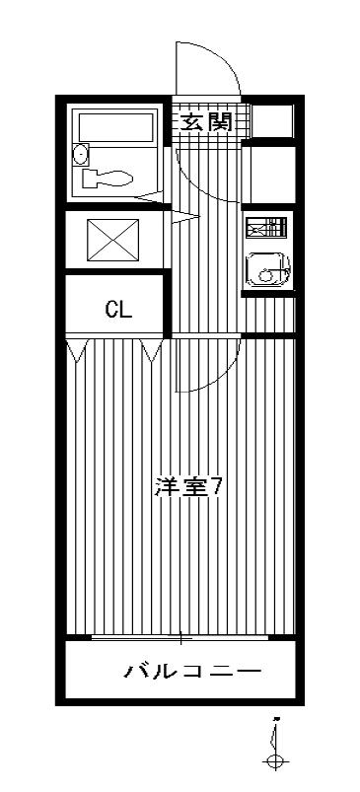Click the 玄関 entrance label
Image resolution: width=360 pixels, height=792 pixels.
click(x=207, y=122)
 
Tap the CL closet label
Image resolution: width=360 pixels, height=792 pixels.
click(x=118, y=310)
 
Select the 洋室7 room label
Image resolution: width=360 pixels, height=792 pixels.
click(x=188, y=488)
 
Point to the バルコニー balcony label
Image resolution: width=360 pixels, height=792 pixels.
click(x=193, y=672)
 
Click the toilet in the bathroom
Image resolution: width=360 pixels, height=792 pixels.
click(x=108, y=178)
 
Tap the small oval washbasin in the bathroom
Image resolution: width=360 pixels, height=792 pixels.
click(x=80, y=154)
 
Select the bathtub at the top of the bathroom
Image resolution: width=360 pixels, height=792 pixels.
click(x=115, y=127)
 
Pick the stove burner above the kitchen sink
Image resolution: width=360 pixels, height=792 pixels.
click(x=266, y=227)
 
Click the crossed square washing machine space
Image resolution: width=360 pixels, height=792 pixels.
click(x=113, y=240)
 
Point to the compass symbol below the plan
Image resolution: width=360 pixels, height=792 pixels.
click(x=275, y=746)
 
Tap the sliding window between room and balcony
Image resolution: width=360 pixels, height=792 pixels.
click(x=180, y=637)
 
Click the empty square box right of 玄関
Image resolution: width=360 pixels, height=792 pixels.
click(x=272, y=120)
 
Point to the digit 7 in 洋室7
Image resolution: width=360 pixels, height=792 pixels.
click(x=216, y=488)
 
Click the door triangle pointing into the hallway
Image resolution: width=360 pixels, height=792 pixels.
click(x=185, y=218)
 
